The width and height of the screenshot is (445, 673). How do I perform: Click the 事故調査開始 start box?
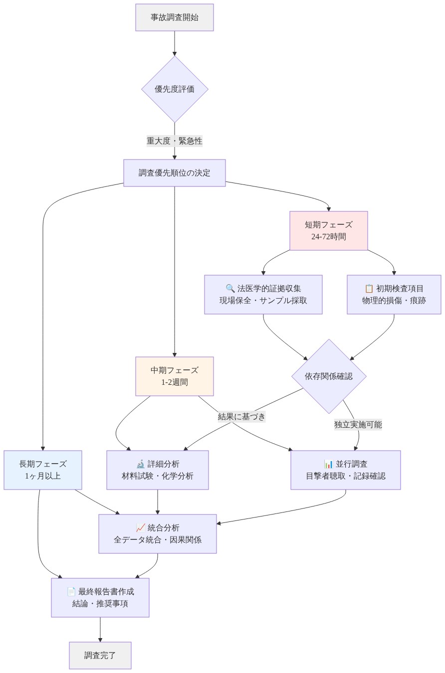click(x=175, y=17)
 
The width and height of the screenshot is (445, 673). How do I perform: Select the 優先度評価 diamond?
click(x=175, y=89)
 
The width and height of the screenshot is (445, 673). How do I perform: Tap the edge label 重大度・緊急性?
click(x=175, y=141)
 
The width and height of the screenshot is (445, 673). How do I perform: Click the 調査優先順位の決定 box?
click(x=175, y=173)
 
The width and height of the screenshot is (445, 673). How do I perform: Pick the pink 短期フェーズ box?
click(x=329, y=231)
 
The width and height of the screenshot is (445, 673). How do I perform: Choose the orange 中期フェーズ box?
click(x=175, y=376)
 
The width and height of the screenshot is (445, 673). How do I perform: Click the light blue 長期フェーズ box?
click(x=43, y=470)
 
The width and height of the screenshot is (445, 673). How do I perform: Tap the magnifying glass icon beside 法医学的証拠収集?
click(x=230, y=289)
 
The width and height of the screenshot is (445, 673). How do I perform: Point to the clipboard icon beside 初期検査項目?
click(x=369, y=289)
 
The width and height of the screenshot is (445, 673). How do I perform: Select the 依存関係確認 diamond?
click(x=329, y=376)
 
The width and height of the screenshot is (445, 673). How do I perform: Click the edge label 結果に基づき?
click(x=242, y=417)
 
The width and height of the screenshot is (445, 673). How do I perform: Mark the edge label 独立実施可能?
click(x=358, y=425)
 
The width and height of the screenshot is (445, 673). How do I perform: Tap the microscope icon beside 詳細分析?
click(x=140, y=464)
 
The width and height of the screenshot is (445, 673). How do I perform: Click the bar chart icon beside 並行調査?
click(x=328, y=464)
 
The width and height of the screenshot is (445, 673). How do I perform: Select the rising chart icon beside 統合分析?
click(x=140, y=528)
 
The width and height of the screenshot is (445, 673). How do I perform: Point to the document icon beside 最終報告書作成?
click(x=71, y=592)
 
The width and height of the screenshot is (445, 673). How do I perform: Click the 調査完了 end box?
click(x=100, y=656)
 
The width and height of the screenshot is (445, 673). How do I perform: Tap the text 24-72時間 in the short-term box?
click(x=329, y=237)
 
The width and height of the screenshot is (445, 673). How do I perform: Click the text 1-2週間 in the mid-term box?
click(x=175, y=382)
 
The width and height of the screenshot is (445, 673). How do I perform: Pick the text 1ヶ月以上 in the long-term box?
click(x=43, y=476)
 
